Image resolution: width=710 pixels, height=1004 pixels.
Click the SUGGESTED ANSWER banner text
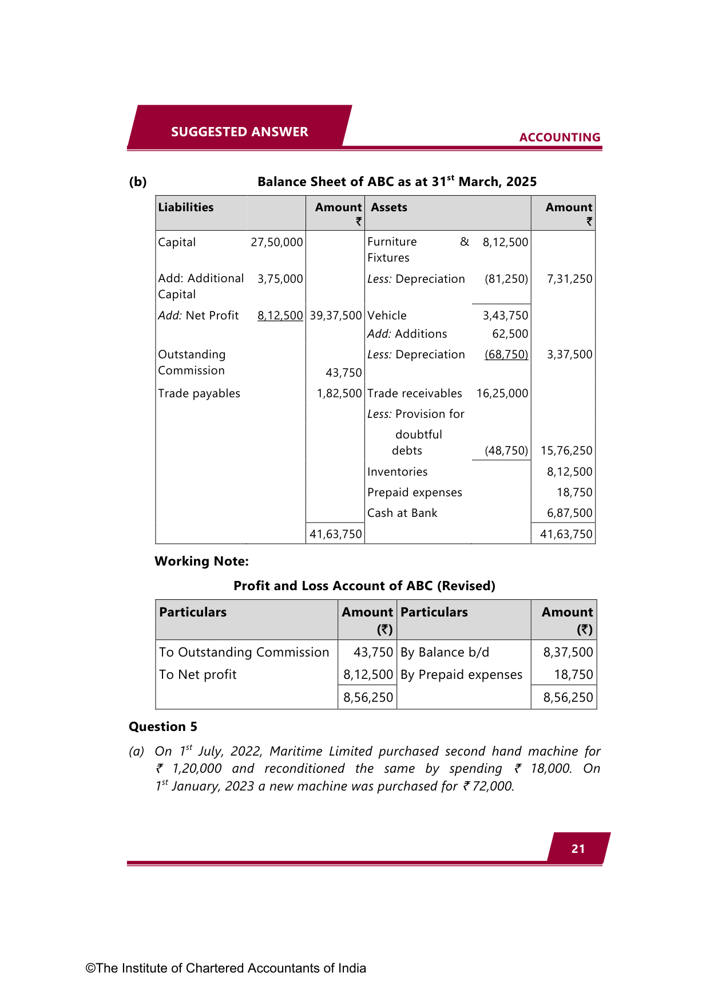click(239, 132)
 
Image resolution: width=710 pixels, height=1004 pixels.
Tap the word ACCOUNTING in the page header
click(560, 137)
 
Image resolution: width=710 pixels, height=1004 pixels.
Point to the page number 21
click(578, 849)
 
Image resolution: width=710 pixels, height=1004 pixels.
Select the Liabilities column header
click(186, 207)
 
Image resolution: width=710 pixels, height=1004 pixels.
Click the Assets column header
click(389, 207)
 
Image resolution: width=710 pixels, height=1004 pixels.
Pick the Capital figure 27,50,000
click(277, 242)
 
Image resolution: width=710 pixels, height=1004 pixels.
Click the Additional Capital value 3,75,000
click(280, 279)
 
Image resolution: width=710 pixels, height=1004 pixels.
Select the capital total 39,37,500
click(336, 315)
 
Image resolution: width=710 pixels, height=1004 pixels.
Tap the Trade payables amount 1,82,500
click(339, 393)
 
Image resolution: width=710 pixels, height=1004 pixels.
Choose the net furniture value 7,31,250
click(569, 279)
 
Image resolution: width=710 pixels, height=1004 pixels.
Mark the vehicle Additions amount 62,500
click(510, 334)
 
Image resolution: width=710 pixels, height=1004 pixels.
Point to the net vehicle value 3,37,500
click(569, 354)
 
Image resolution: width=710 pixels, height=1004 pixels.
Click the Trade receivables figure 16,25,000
click(502, 393)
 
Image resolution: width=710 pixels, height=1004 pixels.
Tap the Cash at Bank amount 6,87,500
click(569, 513)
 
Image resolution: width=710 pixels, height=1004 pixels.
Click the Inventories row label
click(398, 472)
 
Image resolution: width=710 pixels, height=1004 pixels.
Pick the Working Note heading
click(201, 561)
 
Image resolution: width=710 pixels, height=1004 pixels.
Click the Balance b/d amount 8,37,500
click(568, 652)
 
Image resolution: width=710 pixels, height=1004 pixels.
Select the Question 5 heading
click(163, 726)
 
